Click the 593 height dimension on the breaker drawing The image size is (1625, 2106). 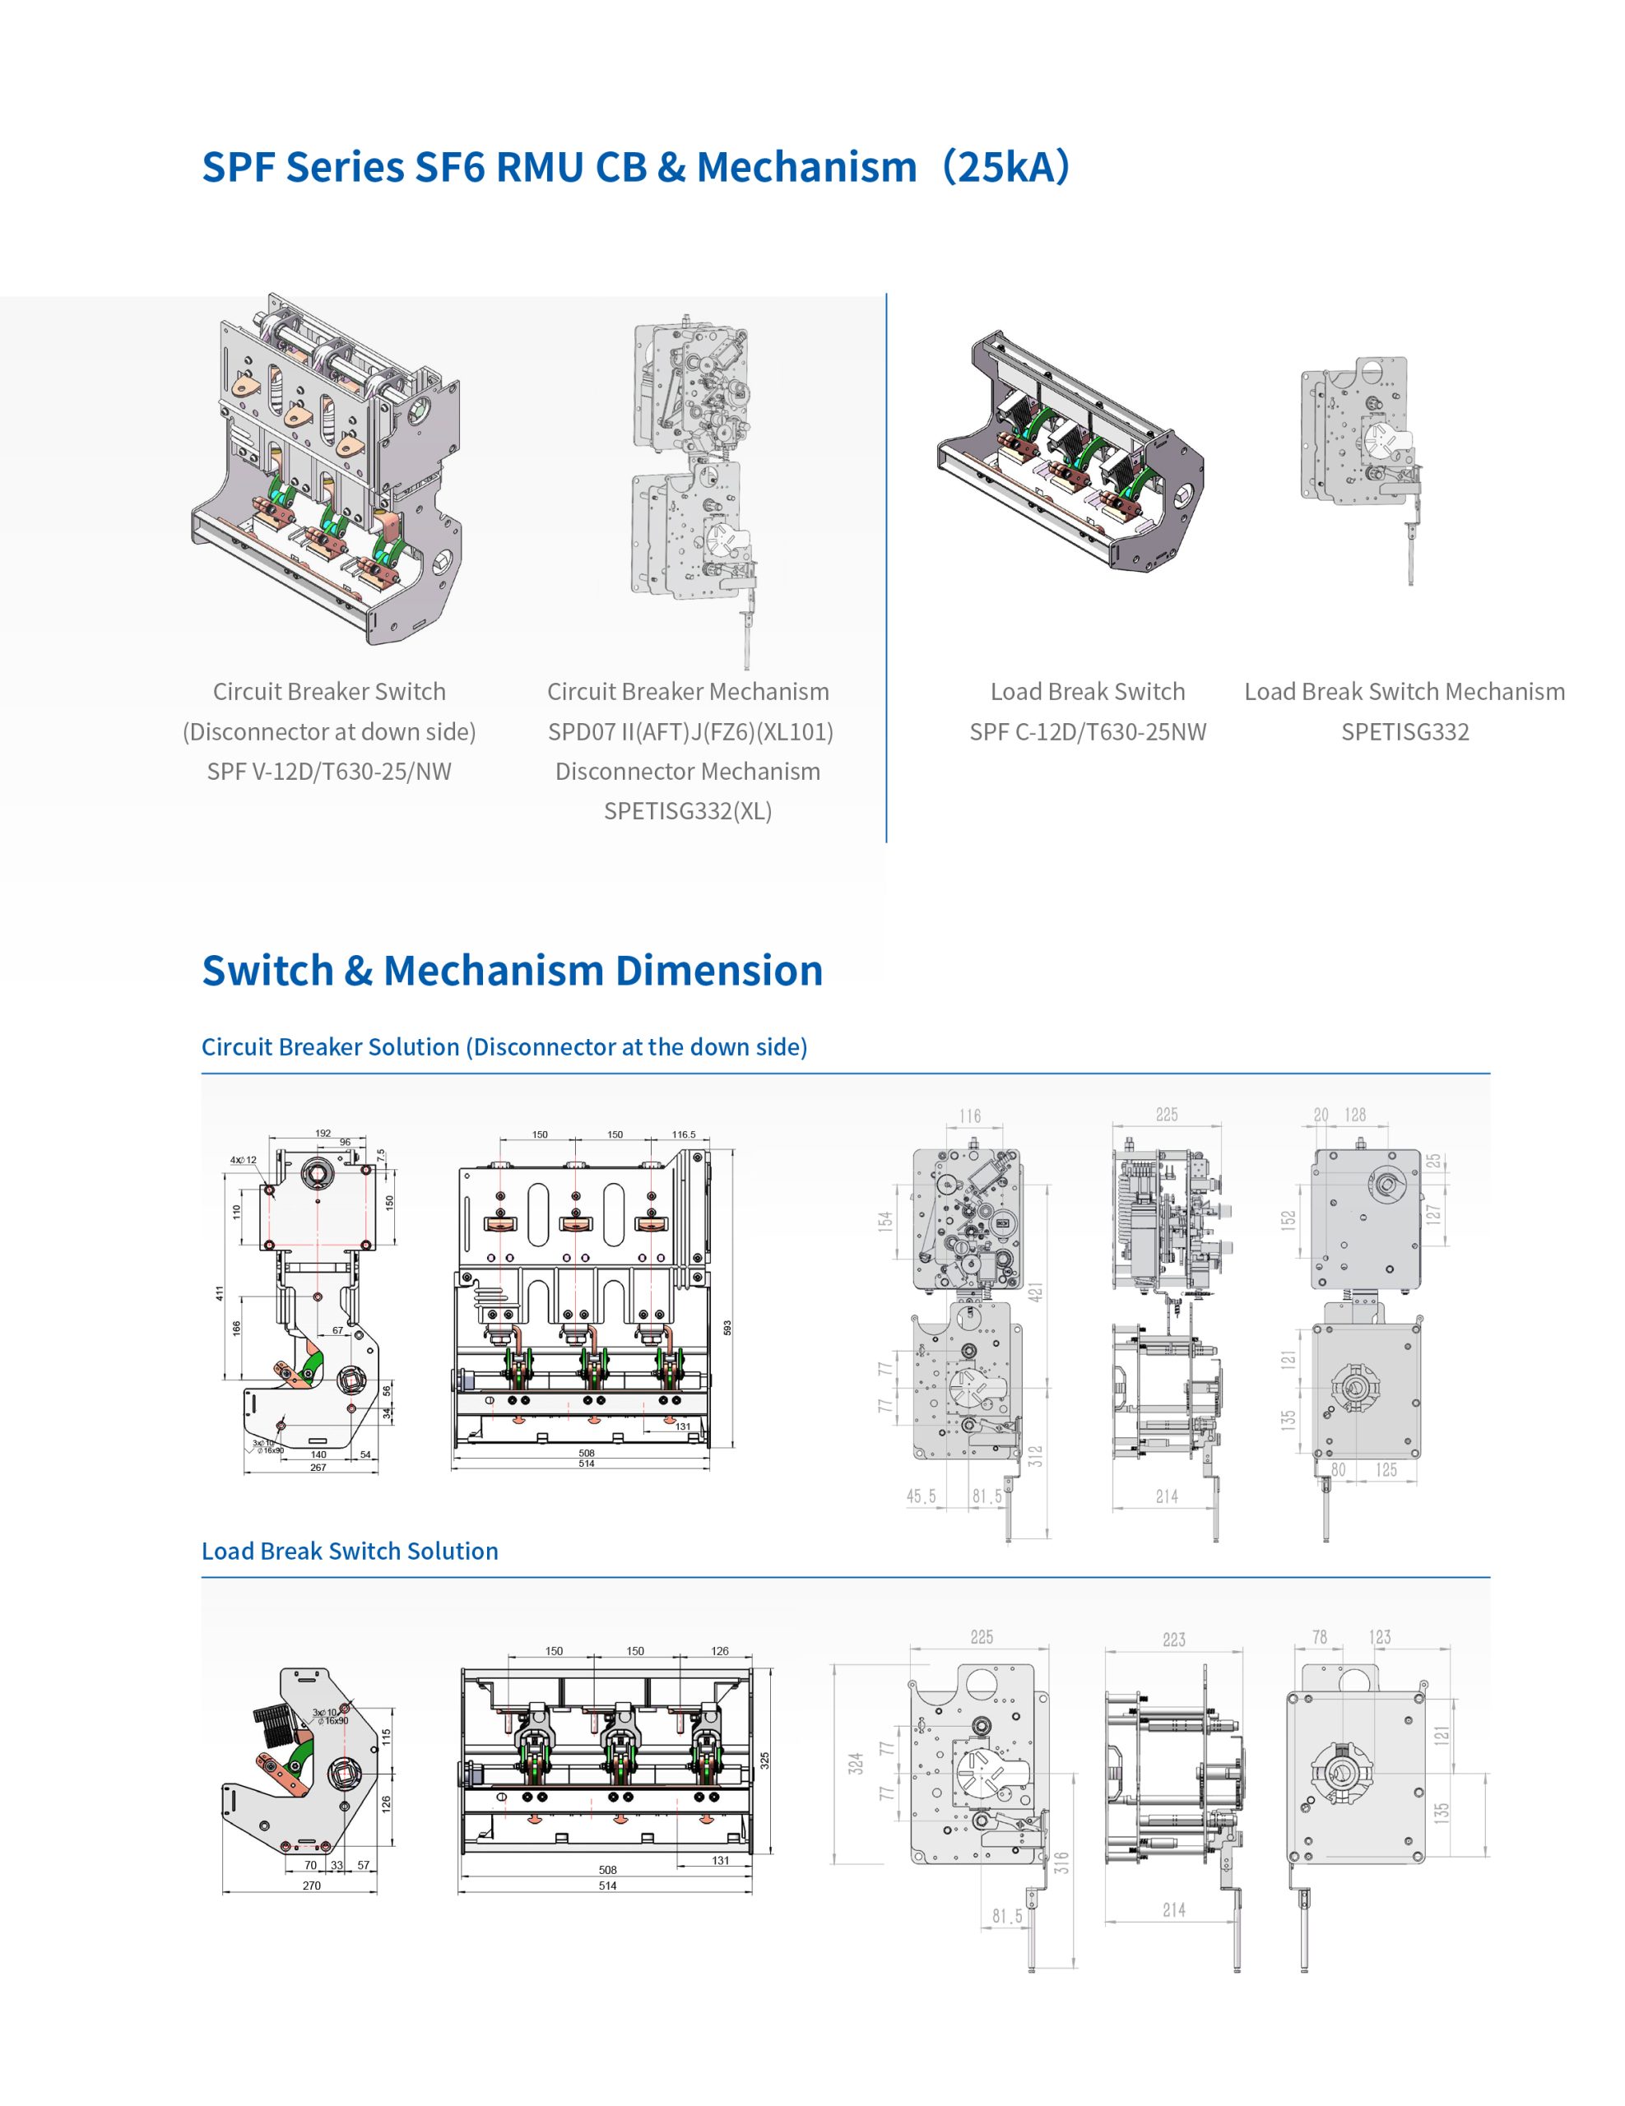[x=727, y=1328]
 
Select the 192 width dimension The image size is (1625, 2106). [x=323, y=1133]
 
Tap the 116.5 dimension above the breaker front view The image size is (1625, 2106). [x=684, y=1134]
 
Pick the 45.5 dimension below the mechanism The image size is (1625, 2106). [x=921, y=1496]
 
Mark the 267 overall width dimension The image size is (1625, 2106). [x=318, y=1468]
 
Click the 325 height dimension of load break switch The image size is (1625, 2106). [x=764, y=1760]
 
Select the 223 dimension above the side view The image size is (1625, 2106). [x=1173, y=1640]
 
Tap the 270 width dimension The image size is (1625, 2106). [x=312, y=1886]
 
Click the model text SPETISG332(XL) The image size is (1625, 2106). [x=688, y=811]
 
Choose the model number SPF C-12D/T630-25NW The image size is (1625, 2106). [x=1088, y=732]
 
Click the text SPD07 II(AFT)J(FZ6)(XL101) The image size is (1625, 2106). [x=689, y=732]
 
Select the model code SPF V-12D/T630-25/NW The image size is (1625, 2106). [x=329, y=772]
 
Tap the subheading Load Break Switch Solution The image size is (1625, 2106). [x=350, y=1551]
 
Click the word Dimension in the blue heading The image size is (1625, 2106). [x=719, y=970]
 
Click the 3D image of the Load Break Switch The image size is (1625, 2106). [x=1070, y=449]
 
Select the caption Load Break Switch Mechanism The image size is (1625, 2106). [x=1404, y=691]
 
